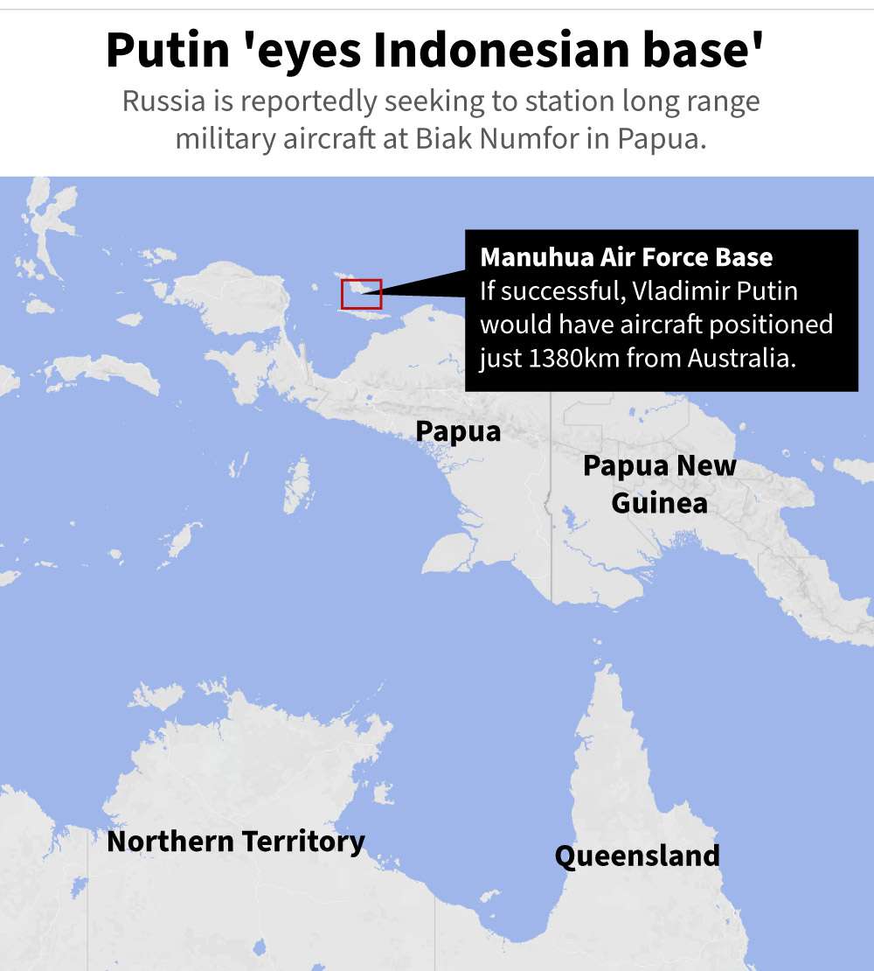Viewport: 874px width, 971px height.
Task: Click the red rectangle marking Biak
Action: coord(361,294)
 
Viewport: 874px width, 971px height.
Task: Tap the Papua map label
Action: coord(458,431)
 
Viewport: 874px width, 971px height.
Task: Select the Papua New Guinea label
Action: coord(659,484)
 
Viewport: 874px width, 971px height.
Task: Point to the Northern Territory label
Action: coord(235,842)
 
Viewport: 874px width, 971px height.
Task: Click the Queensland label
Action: coord(637,856)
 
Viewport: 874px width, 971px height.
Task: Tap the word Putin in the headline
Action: coord(166,51)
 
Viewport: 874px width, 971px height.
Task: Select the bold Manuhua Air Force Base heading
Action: coord(626,257)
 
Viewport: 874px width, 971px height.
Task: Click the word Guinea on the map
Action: coord(659,504)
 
